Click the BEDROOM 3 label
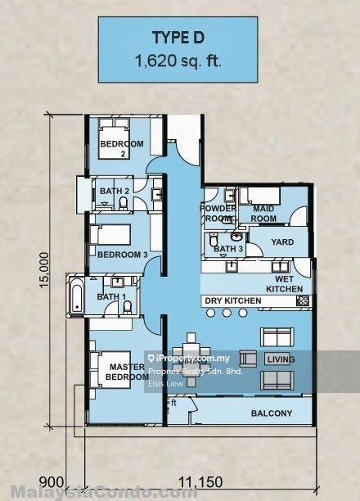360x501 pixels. click(122, 255)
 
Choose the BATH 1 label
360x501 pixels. click(111, 296)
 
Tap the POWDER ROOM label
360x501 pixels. click(218, 214)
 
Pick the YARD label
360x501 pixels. click(282, 243)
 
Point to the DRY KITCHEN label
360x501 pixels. click(233, 301)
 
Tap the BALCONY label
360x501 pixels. click(271, 413)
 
